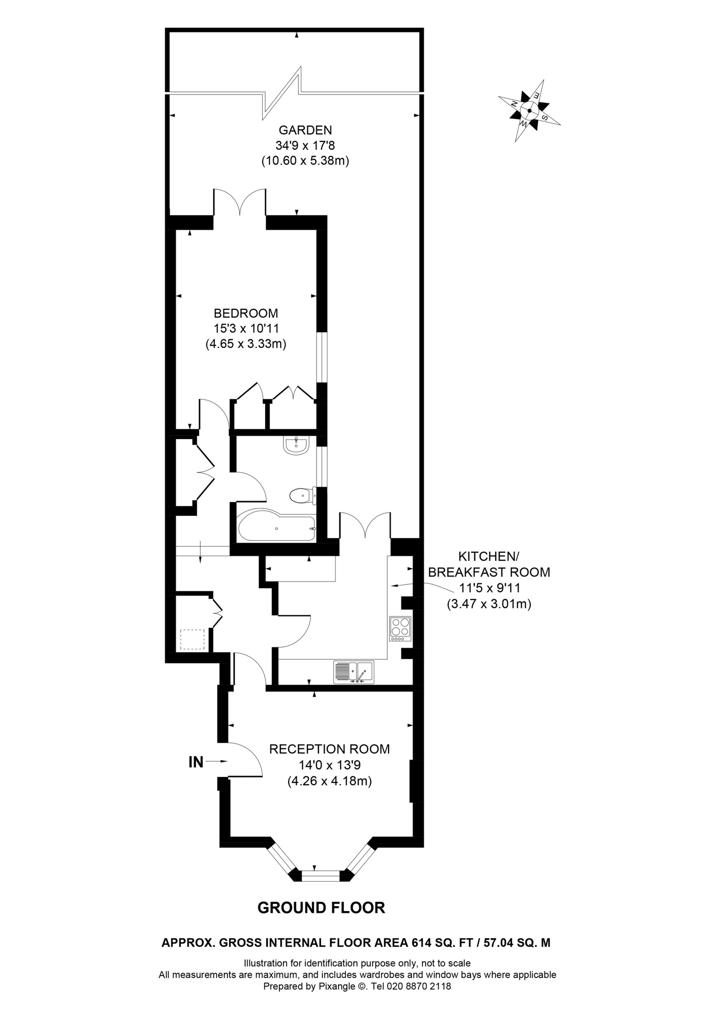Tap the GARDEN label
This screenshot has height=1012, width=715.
coord(305,130)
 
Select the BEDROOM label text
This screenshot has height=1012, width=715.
coord(246,313)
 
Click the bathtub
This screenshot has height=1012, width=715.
coord(277,527)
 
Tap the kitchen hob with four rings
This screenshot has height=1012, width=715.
coord(400,628)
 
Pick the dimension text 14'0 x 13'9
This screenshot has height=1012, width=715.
coord(329,765)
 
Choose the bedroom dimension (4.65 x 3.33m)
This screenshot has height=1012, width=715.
coord(246,344)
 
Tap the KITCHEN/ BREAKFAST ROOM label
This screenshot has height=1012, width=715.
coord(489,564)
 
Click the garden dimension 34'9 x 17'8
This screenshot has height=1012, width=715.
coord(305,146)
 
